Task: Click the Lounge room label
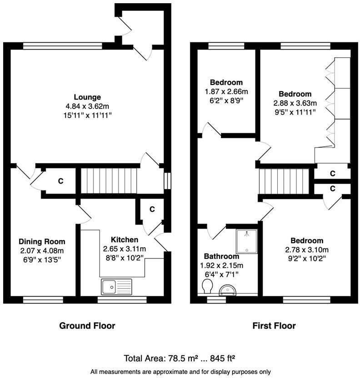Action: (87, 97)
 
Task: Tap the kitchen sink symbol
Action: (116, 287)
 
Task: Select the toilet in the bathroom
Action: (207, 286)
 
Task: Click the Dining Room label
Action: (42, 242)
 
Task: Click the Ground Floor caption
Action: (87, 326)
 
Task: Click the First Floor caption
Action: (274, 326)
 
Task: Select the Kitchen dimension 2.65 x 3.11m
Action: (124, 249)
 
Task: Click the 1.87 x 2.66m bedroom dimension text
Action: (226, 91)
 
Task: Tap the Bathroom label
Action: (221, 256)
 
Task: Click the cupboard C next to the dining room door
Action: (60, 181)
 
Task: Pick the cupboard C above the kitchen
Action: (152, 209)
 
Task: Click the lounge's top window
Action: (63, 45)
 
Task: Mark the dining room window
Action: (38, 299)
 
